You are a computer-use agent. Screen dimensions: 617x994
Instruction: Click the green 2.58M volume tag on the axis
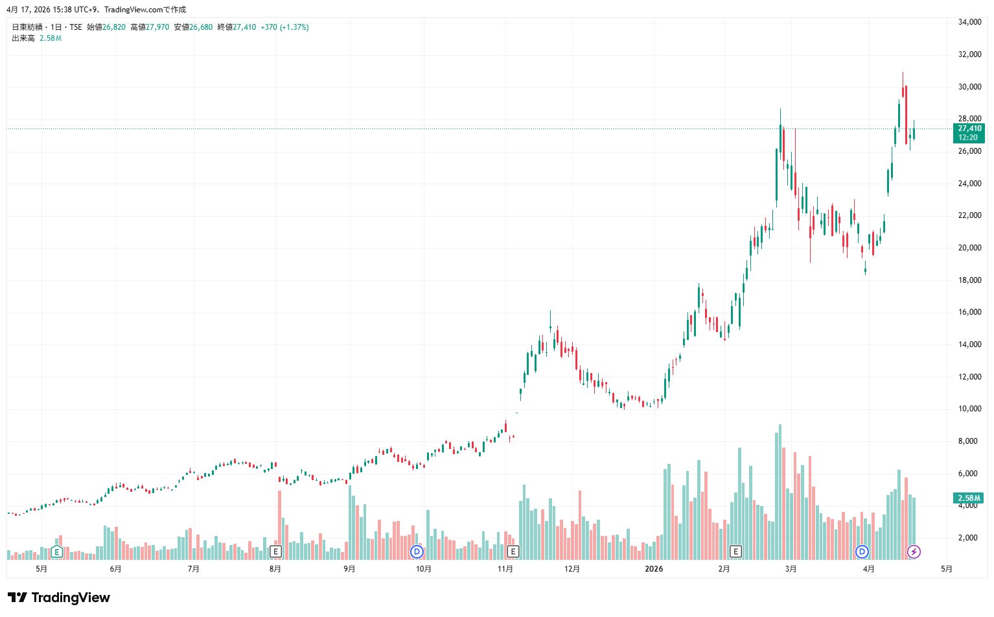pyautogui.click(x=969, y=498)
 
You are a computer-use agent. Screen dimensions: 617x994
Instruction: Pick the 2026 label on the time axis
pyautogui.click(x=654, y=569)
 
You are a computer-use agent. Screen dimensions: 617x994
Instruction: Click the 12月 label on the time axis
pyautogui.click(x=572, y=569)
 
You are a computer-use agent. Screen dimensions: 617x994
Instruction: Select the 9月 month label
pyautogui.click(x=349, y=569)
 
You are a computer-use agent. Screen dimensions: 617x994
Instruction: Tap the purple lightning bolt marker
pyautogui.click(x=914, y=552)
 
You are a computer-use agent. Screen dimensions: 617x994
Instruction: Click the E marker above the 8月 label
pyautogui.click(x=275, y=552)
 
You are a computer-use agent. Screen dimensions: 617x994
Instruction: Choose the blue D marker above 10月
pyautogui.click(x=417, y=552)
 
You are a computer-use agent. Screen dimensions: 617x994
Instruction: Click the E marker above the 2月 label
pyautogui.click(x=735, y=552)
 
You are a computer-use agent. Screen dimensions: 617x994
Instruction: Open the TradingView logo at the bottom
pyautogui.click(x=59, y=598)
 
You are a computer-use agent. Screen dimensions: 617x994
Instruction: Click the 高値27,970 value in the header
pyautogui.click(x=150, y=27)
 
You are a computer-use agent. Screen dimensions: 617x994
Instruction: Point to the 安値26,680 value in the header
pyautogui.click(x=193, y=27)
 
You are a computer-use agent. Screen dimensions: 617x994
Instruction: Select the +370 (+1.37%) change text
pyautogui.click(x=284, y=27)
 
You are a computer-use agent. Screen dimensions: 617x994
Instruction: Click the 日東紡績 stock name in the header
pyautogui.click(x=25, y=27)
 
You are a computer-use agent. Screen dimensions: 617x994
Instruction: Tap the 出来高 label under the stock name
pyautogui.click(x=23, y=38)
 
